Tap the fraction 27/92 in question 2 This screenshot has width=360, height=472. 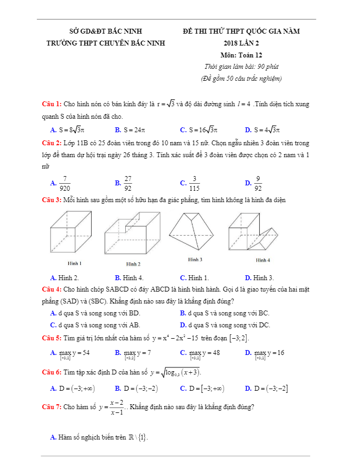tap(128, 184)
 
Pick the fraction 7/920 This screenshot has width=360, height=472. tap(65, 184)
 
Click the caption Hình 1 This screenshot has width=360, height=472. tap(74, 263)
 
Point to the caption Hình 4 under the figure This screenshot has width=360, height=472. tap(263, 260)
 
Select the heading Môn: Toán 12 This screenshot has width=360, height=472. tap(241, 55)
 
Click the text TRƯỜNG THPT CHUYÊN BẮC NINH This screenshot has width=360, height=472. tap(106, 43)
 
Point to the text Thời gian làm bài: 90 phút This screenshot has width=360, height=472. tap(241, 67)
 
